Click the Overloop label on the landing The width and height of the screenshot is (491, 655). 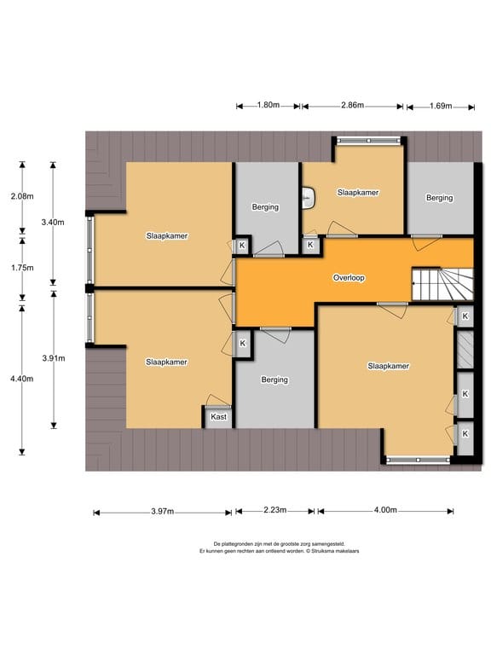(x=349, y=278)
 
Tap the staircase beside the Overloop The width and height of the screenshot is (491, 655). (x=442, y=284)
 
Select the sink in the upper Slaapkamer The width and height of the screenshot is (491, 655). (x=309, y=197)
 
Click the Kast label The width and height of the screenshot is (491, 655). (x=218, y=416)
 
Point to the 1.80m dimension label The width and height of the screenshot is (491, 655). (x=268, y=105)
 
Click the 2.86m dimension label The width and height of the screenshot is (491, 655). (x=352, y=105)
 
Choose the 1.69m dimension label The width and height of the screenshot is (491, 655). (x=441, y=106)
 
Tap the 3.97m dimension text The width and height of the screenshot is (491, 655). (x=163, y=512)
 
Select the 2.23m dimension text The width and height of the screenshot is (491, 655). (x=274, y=510)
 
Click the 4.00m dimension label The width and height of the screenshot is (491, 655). (x=385, y=510)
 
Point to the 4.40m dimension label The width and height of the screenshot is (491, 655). (x=21, y=379)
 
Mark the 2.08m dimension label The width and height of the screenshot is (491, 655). (x=22, y=196)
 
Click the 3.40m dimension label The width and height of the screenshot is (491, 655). (x=53, y=223)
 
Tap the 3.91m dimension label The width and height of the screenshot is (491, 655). (x=54, y=358)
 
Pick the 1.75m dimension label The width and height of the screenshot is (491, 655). (x=22, y=268)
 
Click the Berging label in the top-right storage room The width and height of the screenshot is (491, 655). (x=439, y=198)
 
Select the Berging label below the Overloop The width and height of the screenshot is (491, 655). (x=274, y=380)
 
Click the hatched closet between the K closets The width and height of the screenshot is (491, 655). (x=465, y=350)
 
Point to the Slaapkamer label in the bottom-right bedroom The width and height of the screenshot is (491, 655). (x=389, y=366)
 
